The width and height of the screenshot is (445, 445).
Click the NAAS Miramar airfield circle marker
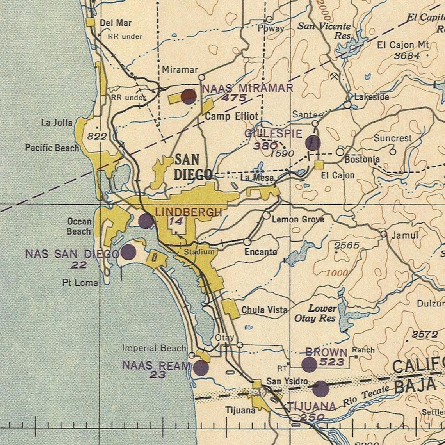coord(189,96)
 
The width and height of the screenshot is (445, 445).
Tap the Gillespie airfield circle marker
coord(313,143)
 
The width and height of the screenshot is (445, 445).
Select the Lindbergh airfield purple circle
coord(146,221)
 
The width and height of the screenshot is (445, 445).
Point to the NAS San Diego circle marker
coord(128,252)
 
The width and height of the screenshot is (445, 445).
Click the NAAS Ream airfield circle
coord(201,368)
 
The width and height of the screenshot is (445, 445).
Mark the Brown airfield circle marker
coord(309,365)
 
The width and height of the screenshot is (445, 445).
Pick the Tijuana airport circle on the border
coord(320,389)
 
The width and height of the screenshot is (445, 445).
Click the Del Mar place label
coord(116,23)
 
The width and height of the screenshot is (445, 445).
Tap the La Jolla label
coord(57,123)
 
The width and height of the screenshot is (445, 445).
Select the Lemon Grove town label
coord(298,219)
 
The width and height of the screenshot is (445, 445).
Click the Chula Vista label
coord(264,310)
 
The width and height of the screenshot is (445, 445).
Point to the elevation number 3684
coord(407,56)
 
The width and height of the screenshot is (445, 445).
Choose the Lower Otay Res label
coord(315,313)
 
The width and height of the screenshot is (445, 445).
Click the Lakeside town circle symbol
coord(347,105)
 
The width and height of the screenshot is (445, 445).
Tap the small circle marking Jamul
coord(384,234)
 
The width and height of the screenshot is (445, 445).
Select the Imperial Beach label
coord(154,347)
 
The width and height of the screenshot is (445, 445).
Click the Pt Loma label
coord(80,283)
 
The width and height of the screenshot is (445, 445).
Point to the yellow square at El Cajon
coord(319,165)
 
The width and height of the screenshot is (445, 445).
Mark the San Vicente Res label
coord(324,31)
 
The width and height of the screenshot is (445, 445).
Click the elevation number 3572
coord(425,335)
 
